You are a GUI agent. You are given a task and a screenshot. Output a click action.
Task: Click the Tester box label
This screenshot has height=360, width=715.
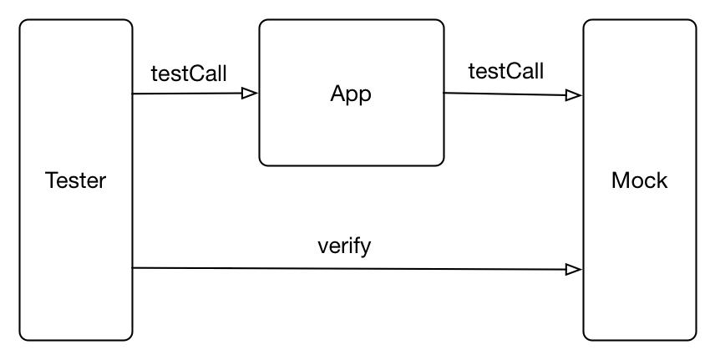tap(76, 180)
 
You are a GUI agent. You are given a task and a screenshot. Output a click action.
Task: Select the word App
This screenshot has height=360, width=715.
tap(351, 95)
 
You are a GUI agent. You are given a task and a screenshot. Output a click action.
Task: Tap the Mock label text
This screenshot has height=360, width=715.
tap(639, 180)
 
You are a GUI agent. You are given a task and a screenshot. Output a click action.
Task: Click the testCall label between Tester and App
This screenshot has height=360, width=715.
tap(189, 74)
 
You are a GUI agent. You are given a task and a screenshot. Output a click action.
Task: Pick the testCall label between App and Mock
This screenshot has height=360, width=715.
tap(506, 71)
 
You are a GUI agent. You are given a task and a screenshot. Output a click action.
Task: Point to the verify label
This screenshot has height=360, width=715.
tap(344, 247)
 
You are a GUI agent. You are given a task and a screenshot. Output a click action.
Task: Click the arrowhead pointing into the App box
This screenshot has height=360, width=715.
tap(250, 94)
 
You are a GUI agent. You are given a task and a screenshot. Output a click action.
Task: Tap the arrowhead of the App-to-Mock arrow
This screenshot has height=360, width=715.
tap(574, 95)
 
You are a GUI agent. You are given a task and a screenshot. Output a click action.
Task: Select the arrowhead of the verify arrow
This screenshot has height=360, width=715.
tap(574, 270)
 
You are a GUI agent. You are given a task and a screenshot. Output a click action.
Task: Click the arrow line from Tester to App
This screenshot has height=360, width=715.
tap(195, 94)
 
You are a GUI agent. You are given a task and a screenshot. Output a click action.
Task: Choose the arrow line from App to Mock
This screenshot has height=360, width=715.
tap(513, 94)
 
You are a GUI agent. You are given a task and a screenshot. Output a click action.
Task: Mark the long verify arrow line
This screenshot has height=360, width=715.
tap(357, 269)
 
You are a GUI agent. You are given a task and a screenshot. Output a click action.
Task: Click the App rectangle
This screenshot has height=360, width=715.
tap(352, 20)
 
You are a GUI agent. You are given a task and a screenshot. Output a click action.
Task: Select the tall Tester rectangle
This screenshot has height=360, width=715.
tap(20, 180)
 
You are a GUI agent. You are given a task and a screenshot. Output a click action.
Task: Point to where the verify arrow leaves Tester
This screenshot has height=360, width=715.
tap(133, 268)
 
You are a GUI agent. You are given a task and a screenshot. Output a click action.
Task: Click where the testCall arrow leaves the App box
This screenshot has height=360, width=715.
tap(444, 93)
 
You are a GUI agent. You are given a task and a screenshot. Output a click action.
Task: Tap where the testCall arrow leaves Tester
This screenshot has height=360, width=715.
tap(133, 94)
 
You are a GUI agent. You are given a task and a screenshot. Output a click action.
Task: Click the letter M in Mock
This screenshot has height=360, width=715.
tap(619, 180)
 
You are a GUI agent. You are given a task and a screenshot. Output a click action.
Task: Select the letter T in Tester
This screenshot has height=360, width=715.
tap(52, 180)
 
